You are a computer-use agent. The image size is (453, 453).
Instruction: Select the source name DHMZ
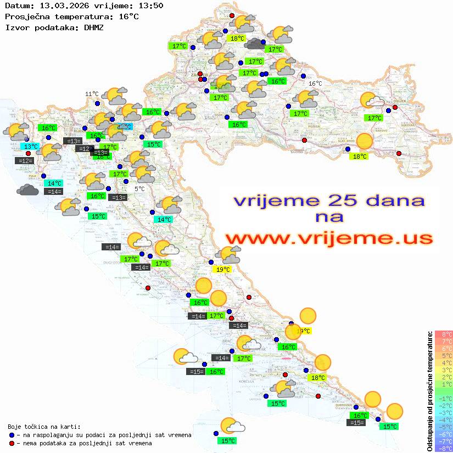pos(93,27)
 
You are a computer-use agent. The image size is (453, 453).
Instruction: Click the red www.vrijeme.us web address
pos(329,238)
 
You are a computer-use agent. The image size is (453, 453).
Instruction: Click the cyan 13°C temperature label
pos(30,146)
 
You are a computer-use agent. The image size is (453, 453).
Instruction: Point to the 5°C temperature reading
pos(139,189)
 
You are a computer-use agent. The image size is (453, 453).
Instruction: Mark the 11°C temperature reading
pos(92,94)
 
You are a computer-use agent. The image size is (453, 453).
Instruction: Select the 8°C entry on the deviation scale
pos(444,334)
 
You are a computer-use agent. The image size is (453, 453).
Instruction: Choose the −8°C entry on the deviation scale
pos(443,449)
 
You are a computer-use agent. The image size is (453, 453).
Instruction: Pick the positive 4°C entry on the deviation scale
pos(444,363)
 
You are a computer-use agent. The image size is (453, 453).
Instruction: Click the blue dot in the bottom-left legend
pos(12,435)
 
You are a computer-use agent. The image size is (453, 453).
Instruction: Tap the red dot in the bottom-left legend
pos(12,443)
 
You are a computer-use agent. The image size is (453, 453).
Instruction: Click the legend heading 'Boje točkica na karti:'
pos(44,427)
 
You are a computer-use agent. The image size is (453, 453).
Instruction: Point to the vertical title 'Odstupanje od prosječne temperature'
pos(429,390)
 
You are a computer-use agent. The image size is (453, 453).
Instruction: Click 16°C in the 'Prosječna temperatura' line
pos(128,16)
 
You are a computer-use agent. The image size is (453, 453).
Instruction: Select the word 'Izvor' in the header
pos(15,27)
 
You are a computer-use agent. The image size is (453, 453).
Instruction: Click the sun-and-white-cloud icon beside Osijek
pos(372,101)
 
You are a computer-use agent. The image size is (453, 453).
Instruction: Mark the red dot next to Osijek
pos(395,108)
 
